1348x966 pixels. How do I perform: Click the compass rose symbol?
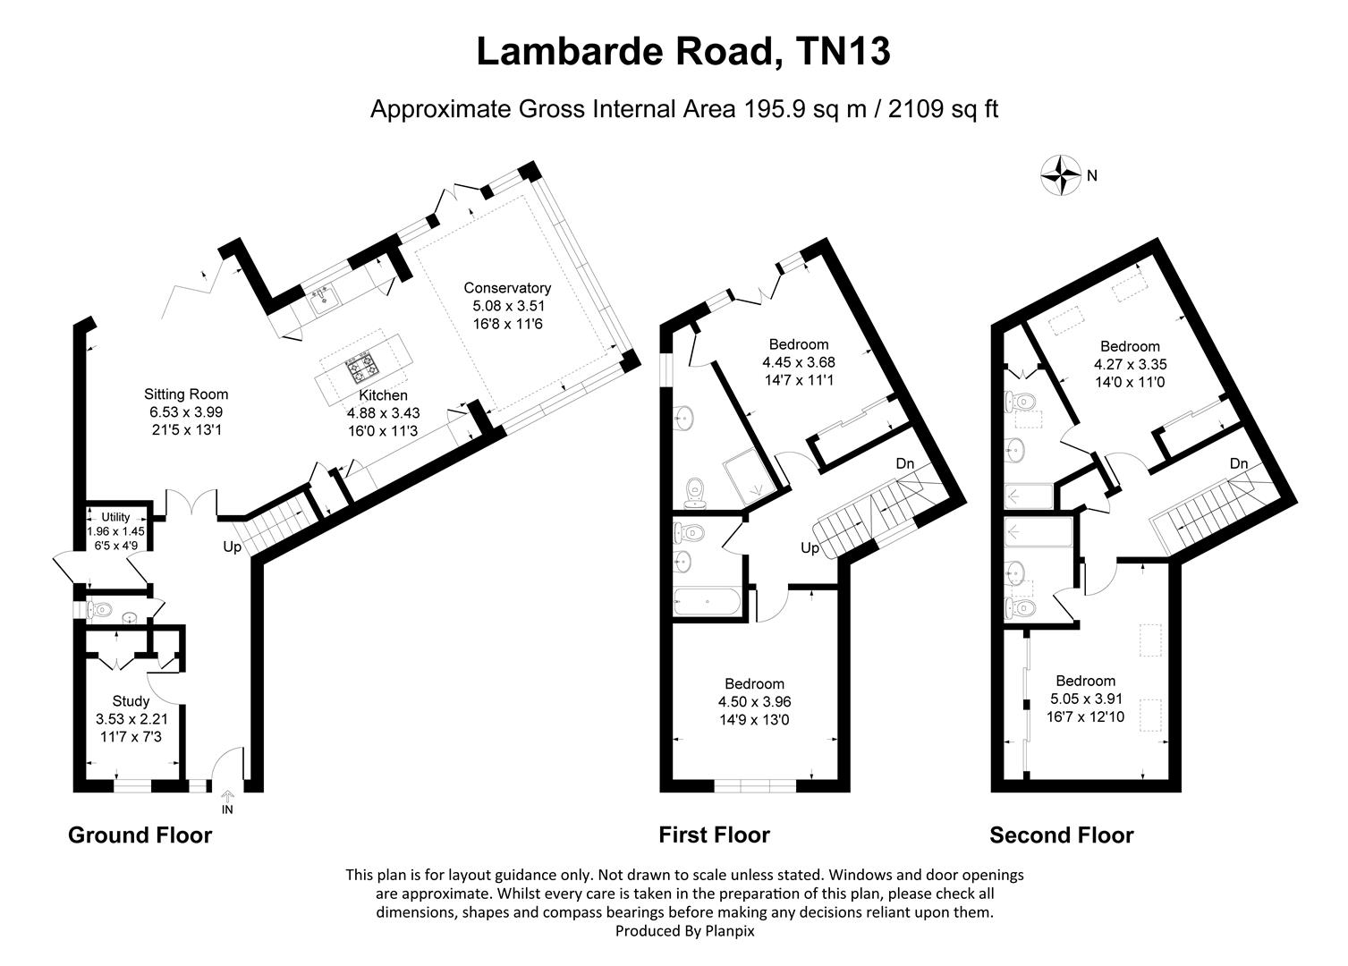tap(1061, 175)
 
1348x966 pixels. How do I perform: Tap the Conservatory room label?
tap(507, 288)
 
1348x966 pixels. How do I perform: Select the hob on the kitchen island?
tap(363, 367)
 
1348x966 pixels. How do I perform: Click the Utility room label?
tap(115, 517)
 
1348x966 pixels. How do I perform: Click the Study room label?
tap(131, 701)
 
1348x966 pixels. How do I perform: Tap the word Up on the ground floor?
tap(232, 547)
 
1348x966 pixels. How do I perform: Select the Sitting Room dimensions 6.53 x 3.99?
tap(186, 412)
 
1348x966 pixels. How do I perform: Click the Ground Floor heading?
tap(140, 835)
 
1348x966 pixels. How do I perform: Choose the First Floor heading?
tap(714, 835)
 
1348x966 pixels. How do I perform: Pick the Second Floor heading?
tap(1061, 835)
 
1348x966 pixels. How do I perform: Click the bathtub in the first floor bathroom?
tap(707, 602)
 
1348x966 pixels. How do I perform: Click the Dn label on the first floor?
tap(905, 464)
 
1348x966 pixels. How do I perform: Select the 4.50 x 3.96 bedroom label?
tap(754, 702)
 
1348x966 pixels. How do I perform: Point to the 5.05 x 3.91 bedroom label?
tap(1085, 699)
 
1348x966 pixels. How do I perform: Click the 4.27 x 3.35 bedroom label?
tap(1130, 365)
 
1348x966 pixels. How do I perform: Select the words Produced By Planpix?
tap(685, 931)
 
